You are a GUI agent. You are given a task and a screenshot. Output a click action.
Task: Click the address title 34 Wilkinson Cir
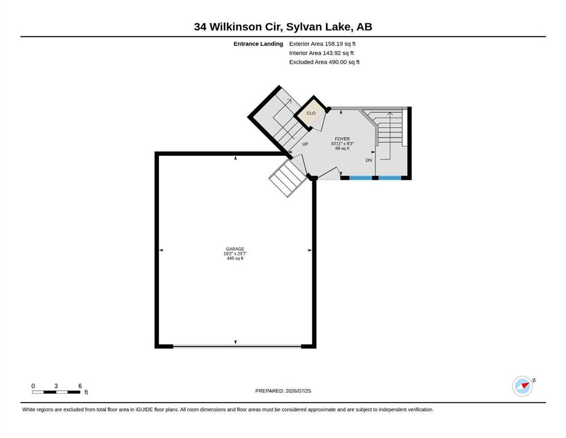click(x=238, y=27)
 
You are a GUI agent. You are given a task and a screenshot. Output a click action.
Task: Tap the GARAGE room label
click(x=235, y=249)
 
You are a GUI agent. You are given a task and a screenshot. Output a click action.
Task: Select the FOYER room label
click(x=342, y=139)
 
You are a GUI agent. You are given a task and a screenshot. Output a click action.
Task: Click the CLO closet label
click(x=311, y=113)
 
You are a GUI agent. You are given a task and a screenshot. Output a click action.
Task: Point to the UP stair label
click(x=305, y=144)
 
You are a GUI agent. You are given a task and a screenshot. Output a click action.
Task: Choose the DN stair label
click(x=369, y=160)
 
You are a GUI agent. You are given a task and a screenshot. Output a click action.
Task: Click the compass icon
click(x=523, y=386)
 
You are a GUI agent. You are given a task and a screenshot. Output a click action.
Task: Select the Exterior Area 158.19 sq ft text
click(x=323, y=44)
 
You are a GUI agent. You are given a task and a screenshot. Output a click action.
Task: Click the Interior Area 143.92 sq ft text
click(x=321, y=52)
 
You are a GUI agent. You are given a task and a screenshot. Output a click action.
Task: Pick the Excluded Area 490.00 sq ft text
click(x=324, y=62)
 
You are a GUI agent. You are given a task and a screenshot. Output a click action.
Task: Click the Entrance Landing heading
click(x=258, y=44)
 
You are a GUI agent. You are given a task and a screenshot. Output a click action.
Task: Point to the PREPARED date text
click(x=283, y=391)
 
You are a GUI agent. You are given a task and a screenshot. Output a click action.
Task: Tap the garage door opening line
click(x=237, y=346)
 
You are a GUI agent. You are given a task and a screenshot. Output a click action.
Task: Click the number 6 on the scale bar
click(x=80, y=386)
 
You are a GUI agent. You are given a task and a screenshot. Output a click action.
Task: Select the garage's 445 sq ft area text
click(x=235, y=258)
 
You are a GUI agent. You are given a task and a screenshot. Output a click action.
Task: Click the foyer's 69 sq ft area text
click(x=342, y=148)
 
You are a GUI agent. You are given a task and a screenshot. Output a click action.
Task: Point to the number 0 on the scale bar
click(x=33, y=386)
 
